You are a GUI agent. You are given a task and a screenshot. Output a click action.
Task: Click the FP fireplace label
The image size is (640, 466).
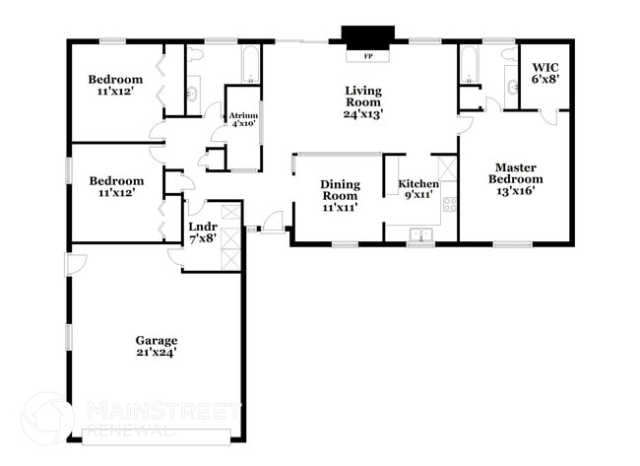point(368,56)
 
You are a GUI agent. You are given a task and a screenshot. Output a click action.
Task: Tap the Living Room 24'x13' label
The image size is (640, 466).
point(363,102)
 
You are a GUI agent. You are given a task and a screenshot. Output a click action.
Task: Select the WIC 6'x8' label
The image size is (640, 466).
point(544,73)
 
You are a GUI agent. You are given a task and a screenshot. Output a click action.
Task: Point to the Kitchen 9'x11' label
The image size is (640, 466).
point(418,190)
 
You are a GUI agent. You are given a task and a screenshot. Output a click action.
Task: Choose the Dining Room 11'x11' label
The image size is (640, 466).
point(340,195)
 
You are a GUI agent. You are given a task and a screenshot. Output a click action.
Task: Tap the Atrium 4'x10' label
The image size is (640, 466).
point(243,119)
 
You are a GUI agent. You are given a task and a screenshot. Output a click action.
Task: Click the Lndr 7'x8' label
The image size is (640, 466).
point(203,232)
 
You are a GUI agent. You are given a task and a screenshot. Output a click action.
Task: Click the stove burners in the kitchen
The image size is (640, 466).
point(449,205)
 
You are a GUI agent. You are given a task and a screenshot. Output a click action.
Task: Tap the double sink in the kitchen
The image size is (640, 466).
point(420,234)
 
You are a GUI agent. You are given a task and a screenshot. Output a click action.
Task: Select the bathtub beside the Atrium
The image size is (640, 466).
point(250,65)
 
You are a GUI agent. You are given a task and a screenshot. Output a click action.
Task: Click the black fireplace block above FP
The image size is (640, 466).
point(368,33)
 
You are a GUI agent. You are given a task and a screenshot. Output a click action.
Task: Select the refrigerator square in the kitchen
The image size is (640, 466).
point(447,167)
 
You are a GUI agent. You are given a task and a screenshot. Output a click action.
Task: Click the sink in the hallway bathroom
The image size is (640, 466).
point(192,94)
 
